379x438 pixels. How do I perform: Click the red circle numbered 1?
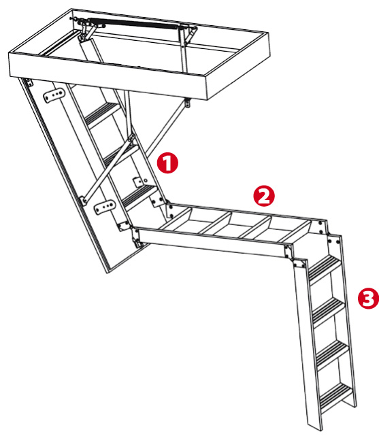[167, 163]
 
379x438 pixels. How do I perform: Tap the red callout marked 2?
[264, 196]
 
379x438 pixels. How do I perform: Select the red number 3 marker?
[369, 299]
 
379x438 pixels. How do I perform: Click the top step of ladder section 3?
[325, 267]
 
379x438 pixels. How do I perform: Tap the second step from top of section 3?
[328, 309]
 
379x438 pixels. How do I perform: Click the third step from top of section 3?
[332, 352]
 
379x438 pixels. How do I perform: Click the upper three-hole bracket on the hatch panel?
[54, 95]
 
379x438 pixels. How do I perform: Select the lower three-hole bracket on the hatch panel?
[105, 207]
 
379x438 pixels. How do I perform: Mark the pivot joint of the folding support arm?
[131, 138]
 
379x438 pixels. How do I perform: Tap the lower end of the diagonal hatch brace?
[83, 201]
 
